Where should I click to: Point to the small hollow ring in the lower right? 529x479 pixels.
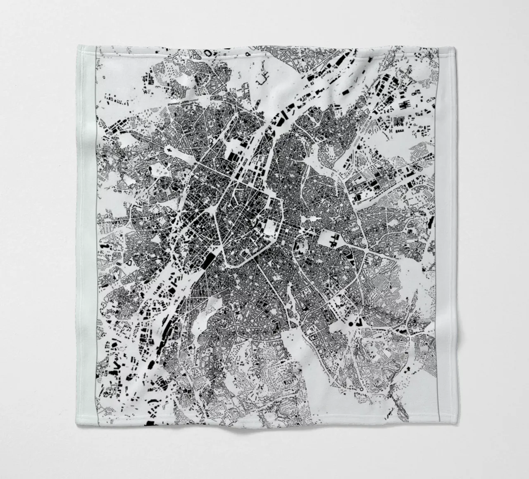(361, 389)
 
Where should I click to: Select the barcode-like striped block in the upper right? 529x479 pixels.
(399, 121)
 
